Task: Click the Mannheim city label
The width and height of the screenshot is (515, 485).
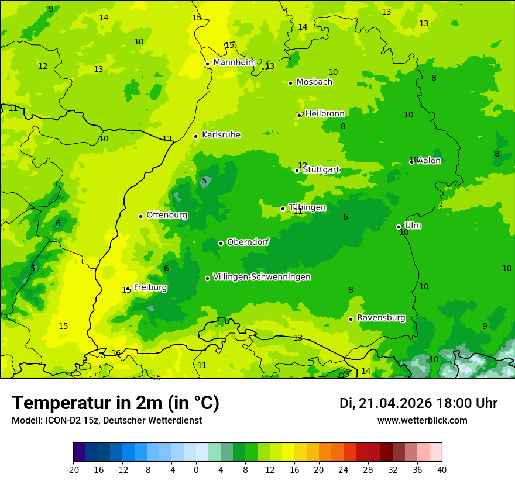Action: click(x=234, y=63)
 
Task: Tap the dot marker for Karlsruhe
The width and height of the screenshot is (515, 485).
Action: click(x=196, y=137)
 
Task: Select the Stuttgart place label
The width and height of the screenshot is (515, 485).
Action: click(x=321, y=170)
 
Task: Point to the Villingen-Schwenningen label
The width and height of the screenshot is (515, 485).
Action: click(x=262, y=277)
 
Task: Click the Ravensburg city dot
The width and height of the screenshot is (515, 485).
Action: click(x=351, y=319)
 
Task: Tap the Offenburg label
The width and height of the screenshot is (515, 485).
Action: click(x=167, y=215)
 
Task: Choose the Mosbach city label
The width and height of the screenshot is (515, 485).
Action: click(x=314, y=82)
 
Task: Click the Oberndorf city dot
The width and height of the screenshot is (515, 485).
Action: click(x=221, y=243)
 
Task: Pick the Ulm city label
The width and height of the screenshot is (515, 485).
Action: click(x=413, y=226)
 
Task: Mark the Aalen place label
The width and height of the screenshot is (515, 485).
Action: click(x=429, y=161)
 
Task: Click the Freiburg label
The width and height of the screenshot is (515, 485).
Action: click(x=150, y=287)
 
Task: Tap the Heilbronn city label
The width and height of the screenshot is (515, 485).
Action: click(x=325, y=113)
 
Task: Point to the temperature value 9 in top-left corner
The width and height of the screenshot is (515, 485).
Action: click(x=51, y=9)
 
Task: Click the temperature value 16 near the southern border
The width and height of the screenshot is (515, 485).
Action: click(x=116, y=353)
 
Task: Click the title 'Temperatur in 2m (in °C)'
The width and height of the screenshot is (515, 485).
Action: click(x=115, y=403)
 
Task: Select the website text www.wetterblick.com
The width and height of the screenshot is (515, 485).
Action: click(x=422, y=421)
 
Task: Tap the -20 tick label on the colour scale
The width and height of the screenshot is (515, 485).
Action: click(x=73, y=469)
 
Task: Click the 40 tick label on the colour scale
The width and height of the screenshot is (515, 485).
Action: click(x=442, y=469)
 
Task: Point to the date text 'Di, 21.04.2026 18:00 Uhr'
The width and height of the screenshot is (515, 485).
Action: click(x=418, y=403)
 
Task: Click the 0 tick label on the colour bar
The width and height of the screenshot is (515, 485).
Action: click(x=196, y=469)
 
